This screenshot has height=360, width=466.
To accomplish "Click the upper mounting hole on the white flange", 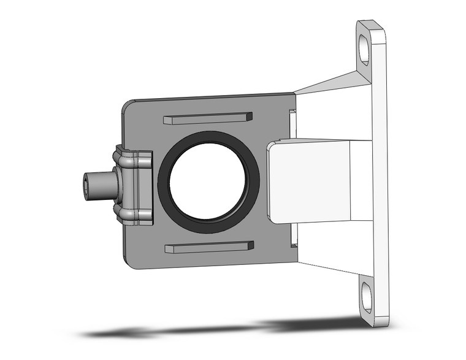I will point(365,48).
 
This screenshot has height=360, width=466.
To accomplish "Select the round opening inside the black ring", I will point(208,178).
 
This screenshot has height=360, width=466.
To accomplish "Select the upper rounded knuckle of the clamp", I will point(129,160).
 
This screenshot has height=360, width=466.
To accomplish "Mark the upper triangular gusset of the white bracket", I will point(334,83).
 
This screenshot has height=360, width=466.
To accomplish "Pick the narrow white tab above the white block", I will point(292,123).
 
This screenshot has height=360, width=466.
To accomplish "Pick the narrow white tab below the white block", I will point(293,234).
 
